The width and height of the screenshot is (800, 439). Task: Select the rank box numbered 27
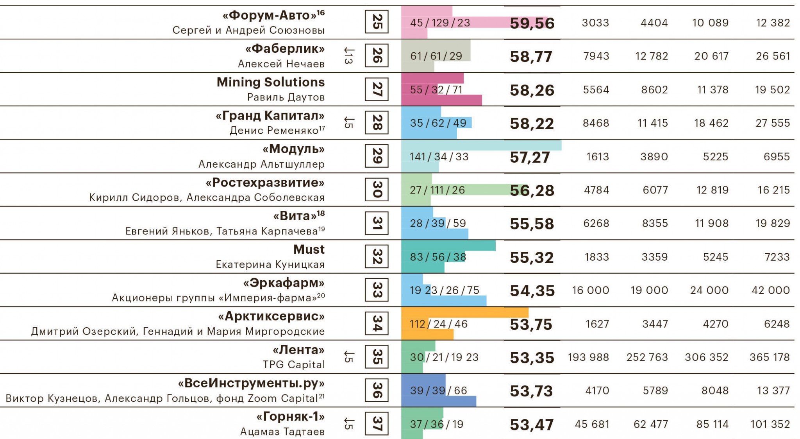(x=377, y=89)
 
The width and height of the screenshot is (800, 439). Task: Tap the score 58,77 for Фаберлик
(x=531, y=57)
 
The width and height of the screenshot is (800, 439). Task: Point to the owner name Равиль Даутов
(x=286, y=97)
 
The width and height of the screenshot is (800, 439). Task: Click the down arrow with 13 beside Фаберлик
(x=348, y=56)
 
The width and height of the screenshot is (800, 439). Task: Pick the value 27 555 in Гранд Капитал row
(x=772, y=123)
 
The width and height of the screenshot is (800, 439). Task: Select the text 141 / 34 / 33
(x=439, y=157)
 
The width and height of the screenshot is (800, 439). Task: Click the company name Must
(x=309, y=249)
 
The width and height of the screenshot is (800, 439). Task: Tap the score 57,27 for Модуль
(x=530, y=157)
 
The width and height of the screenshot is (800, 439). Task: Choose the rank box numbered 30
(x=377, y=190)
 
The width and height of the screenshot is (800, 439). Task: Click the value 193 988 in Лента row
(x=588, y=357)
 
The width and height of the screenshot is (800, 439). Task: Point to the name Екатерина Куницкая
(x=270, y=265)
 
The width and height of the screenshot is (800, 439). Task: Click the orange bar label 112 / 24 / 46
(x=438, y=324)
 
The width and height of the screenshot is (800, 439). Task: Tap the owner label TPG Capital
(x=293, y=365)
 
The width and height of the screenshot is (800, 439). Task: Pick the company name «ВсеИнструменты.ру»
(x=251, y=383)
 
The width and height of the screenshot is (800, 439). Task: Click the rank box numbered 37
(x=377, y=423)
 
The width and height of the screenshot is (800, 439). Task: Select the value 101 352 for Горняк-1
(x=770, y=424)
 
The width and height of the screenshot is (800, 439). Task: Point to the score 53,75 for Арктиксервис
(x=531, y=324)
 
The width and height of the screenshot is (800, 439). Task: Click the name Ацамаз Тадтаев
(x=282, y=432)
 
